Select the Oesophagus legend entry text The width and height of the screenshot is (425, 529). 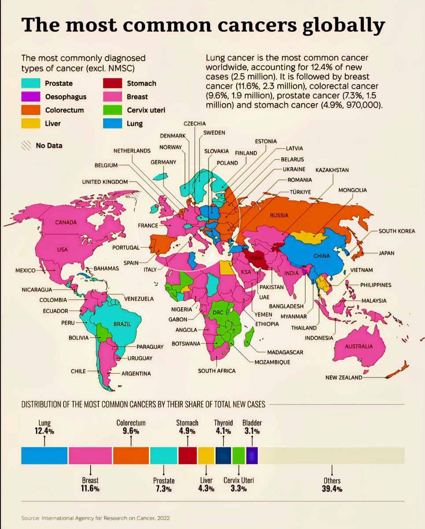(66, 97)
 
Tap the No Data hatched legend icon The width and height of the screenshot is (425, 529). (26, 145)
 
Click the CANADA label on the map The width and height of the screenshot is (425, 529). (66, 222)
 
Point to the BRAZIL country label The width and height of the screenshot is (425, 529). (122, 324)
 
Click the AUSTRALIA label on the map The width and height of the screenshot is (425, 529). (358, 346)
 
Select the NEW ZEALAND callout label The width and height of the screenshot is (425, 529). (344, 377)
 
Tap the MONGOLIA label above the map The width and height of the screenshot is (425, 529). (352, 190)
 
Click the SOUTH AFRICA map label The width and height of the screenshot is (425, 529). (216, 371)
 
